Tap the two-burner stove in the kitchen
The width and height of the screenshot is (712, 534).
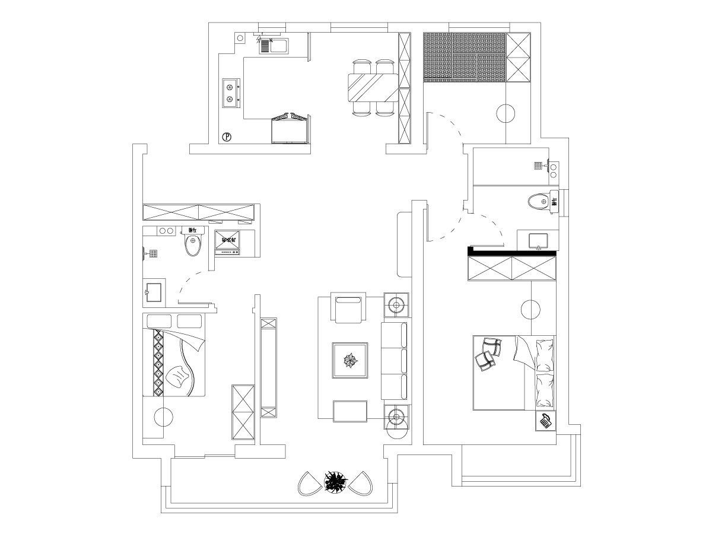click(230, 93)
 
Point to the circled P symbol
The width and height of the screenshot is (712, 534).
click(227, 137)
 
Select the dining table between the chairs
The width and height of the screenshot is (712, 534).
click(373, 87)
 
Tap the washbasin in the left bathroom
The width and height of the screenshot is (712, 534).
click(154, 291)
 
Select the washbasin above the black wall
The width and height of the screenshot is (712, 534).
click(538, 241)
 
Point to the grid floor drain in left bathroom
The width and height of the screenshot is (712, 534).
click(152, 254)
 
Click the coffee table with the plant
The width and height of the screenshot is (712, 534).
click(350, 360)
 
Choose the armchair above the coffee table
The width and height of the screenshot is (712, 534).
click(349, 308)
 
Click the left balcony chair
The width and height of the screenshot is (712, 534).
click(309, 484)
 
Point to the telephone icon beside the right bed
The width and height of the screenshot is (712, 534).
click(546, 421)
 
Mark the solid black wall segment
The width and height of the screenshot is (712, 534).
click(511, 252)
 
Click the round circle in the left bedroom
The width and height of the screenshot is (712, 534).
click(163, 417)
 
